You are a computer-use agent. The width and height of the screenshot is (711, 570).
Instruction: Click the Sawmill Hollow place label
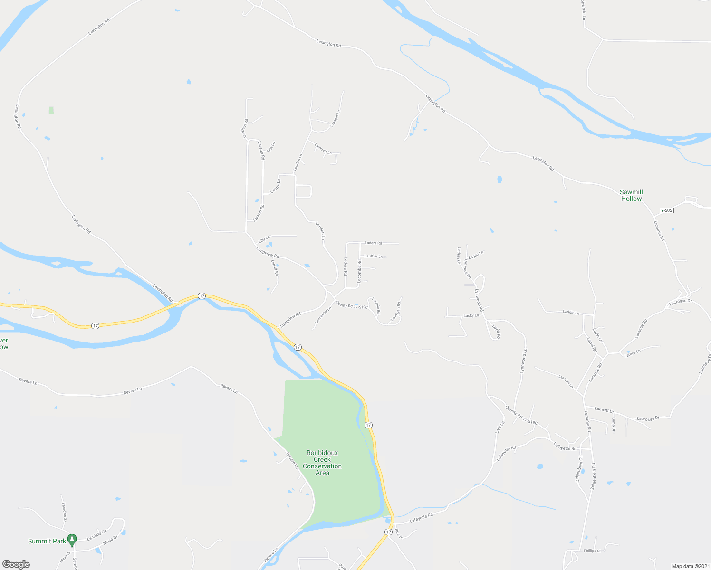point(631,195)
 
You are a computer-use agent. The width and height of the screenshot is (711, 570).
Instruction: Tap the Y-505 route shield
point(667,210)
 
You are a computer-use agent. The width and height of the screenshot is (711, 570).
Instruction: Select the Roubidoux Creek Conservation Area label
point(322,463)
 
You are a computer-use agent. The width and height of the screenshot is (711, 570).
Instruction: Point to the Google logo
point(16,564)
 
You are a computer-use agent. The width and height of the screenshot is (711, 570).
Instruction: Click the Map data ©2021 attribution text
point(690,566)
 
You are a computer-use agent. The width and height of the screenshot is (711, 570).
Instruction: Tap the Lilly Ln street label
point(264,238)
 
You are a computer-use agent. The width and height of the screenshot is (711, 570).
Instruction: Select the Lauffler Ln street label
point(373,256)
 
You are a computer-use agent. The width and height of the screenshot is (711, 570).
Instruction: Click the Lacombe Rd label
point(359,271)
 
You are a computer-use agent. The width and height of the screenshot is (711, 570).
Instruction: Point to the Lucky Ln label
point(471,315)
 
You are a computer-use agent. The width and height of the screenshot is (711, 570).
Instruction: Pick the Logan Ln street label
point(476,255)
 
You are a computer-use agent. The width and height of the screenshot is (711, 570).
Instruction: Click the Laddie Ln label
point(571,313)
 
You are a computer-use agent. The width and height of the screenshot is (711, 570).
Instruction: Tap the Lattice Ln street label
point(633,353)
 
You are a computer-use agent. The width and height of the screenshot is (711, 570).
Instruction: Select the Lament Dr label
point(604,410)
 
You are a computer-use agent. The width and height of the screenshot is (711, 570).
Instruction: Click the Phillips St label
point(592,551)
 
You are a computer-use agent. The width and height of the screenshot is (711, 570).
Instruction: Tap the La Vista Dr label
point(96,535)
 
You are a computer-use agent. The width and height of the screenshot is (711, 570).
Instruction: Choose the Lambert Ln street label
point(323,149)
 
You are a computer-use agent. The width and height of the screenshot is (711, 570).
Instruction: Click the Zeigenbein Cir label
point(579,469)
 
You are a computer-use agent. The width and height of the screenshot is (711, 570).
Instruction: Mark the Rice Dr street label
point(399,534)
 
